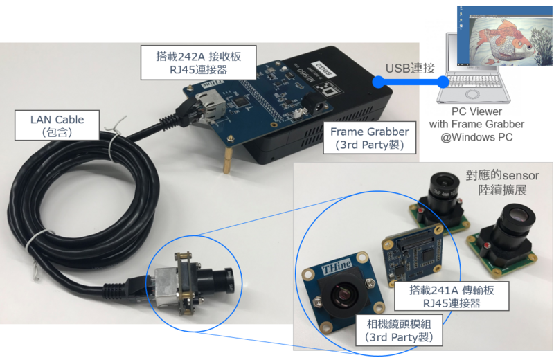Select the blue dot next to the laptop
(x=444, y=82)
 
